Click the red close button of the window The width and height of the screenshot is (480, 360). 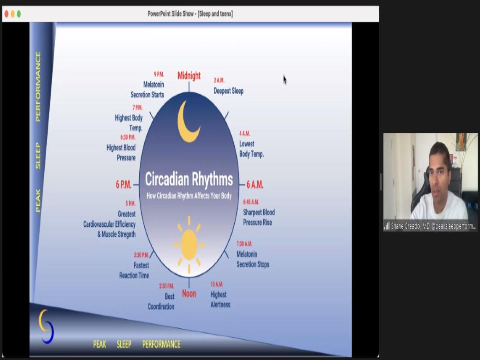point(6,14)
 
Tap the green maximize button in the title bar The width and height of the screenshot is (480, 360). point(19,14)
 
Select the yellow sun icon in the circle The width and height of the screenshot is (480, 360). point(189,244)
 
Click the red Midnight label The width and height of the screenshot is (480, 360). point(189,76)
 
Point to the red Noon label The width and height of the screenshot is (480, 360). point(189,294)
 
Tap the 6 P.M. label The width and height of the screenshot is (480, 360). point(124,185)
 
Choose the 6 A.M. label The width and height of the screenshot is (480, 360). point(255,185)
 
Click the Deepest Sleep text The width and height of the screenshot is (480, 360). point(228,91)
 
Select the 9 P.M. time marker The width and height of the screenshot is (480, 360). point(159,74)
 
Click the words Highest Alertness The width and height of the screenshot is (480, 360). point(220,300)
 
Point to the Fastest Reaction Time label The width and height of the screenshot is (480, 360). point(134,270)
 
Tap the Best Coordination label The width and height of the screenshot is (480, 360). point(161,302)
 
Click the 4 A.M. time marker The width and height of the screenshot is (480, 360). point(244,133)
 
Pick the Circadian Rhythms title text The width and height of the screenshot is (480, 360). point(189,179)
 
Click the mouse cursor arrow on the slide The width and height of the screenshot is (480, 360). point(285,80)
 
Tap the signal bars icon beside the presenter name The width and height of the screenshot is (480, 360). point(387,226)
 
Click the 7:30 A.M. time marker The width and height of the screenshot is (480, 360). point(244,244)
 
